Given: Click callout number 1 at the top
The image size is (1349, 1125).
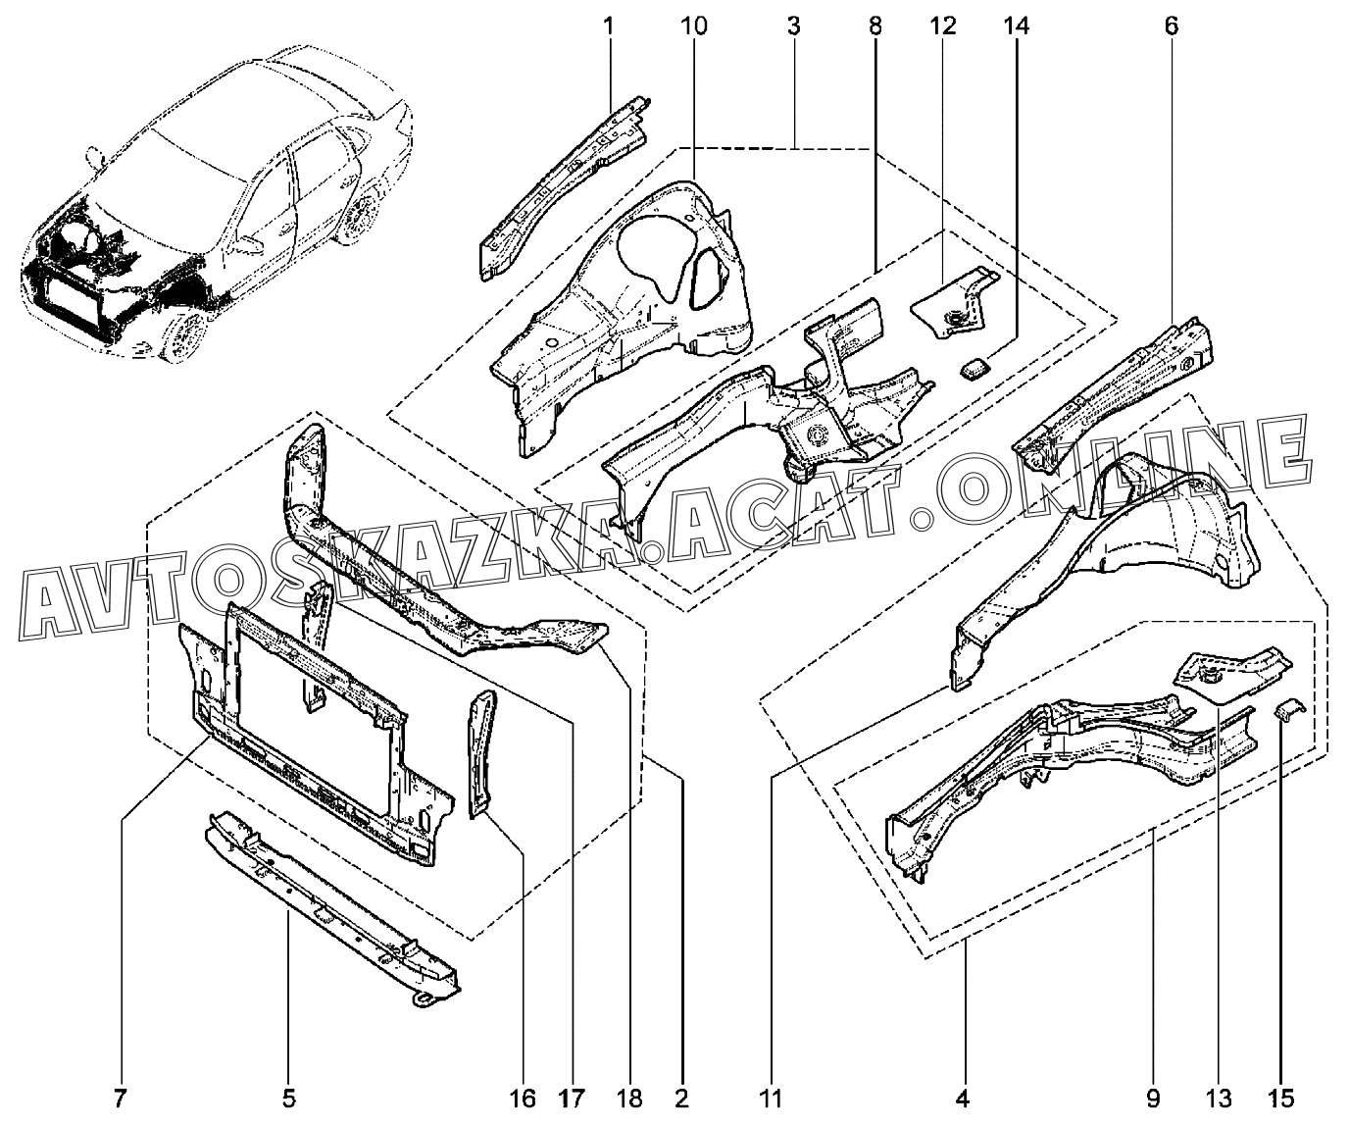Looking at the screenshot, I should pos(608,26).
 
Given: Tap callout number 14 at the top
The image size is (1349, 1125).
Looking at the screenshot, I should pos(1016,26).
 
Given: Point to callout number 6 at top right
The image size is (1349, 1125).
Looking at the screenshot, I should pos(1171,26).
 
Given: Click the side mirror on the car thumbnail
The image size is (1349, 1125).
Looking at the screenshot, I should pos(96,154).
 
